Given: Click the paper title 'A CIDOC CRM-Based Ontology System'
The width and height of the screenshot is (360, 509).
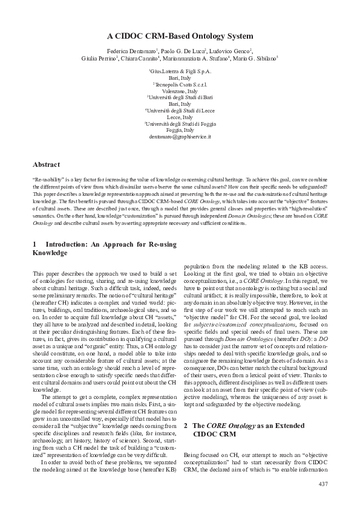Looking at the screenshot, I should pos(180,36).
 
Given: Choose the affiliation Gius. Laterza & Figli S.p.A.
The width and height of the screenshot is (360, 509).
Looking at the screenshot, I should pos(180,72).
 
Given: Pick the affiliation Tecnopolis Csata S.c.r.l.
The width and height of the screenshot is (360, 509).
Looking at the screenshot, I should pos(180,85).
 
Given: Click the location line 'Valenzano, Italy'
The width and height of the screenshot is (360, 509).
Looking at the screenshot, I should pos(180,91).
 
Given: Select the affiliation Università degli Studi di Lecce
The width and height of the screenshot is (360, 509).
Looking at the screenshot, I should pos(180,111).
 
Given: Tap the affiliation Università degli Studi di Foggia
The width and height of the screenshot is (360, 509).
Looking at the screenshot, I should pos(180,124).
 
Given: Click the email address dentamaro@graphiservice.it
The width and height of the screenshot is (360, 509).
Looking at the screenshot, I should pos(180,137).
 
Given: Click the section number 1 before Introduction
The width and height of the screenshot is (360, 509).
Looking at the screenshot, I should pos(35,244).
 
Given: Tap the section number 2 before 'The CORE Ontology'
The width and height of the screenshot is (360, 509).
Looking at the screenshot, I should pos(186,426).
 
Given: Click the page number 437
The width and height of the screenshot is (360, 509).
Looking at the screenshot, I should pos(322,485).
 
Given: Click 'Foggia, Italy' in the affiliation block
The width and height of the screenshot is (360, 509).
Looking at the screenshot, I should pos(180,131).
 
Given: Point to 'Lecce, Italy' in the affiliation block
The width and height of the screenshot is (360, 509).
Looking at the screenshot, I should pos(180,117).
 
